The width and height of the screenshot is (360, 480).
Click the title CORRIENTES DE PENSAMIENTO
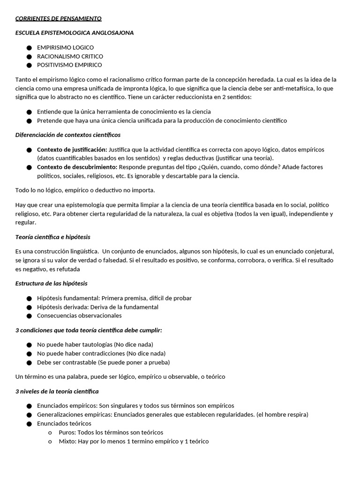click(58, 19)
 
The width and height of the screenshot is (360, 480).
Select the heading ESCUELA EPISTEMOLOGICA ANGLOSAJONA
click(75, 33)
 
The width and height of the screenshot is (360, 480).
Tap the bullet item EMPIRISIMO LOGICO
click(65, 47)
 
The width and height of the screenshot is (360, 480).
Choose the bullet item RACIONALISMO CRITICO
click(70, 56)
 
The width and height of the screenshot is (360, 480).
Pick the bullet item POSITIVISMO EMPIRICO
click(69, 65)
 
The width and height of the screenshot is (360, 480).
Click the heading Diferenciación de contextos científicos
click(68, 135)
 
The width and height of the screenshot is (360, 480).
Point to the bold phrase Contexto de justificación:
click(72, 150)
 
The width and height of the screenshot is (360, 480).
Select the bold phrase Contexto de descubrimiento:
click(77, 167)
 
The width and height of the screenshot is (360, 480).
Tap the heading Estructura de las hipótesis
click(51, 283)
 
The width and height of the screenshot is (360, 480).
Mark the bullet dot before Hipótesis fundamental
click(29, 299)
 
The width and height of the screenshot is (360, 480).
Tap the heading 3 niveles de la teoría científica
click(57, 391)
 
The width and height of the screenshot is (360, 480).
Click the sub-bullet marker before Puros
click(50, 433)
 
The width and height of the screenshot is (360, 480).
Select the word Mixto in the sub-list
click(67, 441)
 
